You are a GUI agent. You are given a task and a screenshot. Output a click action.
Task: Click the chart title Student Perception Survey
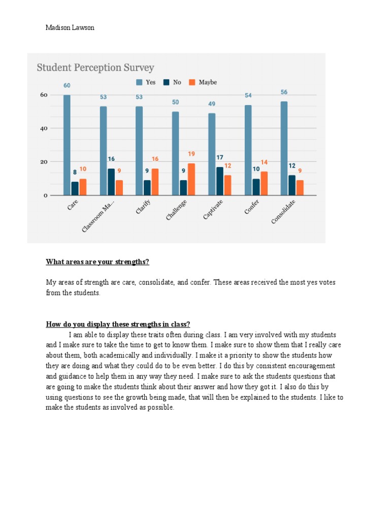(x=95, y=68)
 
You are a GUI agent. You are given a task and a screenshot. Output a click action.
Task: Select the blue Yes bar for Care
(x=67, y=145)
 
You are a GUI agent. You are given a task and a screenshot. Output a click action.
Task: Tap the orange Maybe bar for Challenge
(x=191, y=179)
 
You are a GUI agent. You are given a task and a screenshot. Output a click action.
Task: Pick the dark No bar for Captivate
(x=220, y=181)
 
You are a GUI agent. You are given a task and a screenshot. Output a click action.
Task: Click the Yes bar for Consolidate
(x=284, y=148)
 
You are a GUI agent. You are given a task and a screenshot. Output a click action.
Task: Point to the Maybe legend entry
(x=203, y=82)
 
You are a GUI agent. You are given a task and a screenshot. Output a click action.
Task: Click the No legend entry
(x=172, y=82)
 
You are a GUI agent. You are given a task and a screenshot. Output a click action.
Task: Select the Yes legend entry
(x=145, y=82)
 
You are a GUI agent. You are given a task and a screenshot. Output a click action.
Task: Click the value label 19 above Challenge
(x=191, y=154)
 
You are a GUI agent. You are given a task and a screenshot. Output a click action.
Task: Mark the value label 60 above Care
(x=67, y=85)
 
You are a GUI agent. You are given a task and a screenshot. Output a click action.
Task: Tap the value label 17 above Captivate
(x=220, y=157)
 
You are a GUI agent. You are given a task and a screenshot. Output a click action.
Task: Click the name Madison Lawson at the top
(x=70, y=28)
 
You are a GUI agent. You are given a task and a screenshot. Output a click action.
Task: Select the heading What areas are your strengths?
(x=97, y=262)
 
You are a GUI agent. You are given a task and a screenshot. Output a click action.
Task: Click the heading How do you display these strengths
(x=118, y=324)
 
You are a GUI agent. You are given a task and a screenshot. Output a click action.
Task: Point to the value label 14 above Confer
(x=264, y=162)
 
